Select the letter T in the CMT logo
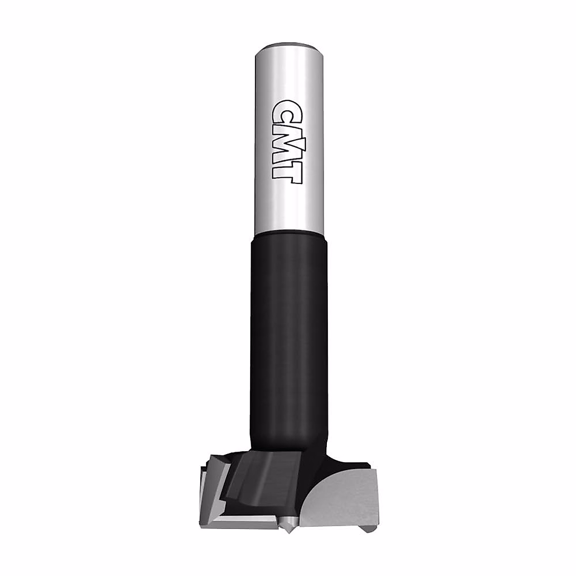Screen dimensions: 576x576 click(288, 172)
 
